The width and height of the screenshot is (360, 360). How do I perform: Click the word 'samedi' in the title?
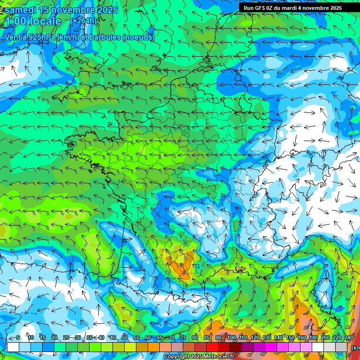(x=21, y=10)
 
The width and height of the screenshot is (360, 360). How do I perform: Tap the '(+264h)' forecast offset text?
(x=84, y=21)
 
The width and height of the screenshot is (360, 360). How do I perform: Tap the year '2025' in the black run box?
(x=333, y=8)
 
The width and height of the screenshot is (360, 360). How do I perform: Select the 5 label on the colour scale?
(x=18, y=338)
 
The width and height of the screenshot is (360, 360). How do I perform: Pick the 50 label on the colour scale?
(x=125, y=338)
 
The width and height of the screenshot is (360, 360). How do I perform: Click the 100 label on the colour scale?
(x=232, y=338)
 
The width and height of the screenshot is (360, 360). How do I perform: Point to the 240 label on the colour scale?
(x=349, y=338)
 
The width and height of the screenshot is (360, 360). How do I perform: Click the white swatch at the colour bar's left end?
(x=13, y=347)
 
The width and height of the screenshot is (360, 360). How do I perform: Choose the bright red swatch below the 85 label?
(x=212, y=347)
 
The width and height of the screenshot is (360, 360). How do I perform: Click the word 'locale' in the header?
(x=45, y=21)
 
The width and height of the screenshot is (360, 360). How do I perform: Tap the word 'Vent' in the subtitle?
(x=14, y=37)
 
